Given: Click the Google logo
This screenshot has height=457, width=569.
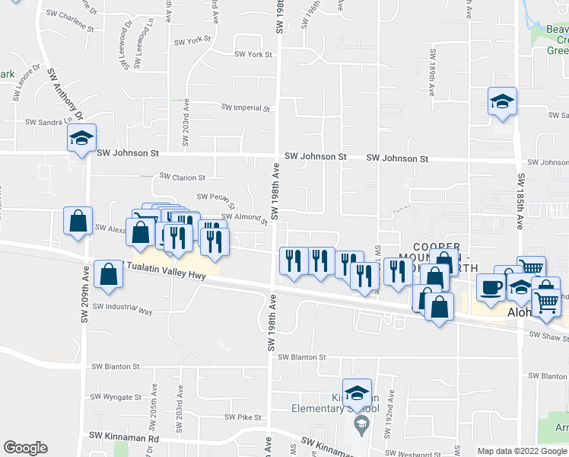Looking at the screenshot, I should point(25,448).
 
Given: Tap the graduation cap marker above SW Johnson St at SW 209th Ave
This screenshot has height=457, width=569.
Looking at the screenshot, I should point(81,139).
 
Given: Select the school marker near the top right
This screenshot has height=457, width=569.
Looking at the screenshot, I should point(502,102).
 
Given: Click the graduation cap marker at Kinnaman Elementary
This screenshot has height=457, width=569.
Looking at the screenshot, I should point(357,394).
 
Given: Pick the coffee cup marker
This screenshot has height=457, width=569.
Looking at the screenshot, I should point(491,288).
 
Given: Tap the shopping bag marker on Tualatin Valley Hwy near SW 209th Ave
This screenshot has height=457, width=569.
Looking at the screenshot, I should point(109,275).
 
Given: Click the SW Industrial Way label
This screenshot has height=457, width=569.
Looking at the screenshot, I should point(122,308).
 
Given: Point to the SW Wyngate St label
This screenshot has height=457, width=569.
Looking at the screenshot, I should point(116,398).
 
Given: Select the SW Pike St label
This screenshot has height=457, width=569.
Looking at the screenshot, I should point(243,417).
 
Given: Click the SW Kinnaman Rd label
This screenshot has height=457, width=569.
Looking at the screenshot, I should point(123,438).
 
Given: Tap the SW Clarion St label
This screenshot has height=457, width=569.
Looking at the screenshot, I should point(182,177).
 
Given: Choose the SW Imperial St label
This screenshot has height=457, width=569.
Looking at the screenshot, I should point(246,108).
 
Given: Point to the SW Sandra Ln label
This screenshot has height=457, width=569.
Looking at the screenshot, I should point(52,120).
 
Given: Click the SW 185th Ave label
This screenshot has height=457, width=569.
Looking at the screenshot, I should point(522,200).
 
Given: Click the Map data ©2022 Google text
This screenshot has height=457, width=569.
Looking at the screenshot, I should point(522,451).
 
